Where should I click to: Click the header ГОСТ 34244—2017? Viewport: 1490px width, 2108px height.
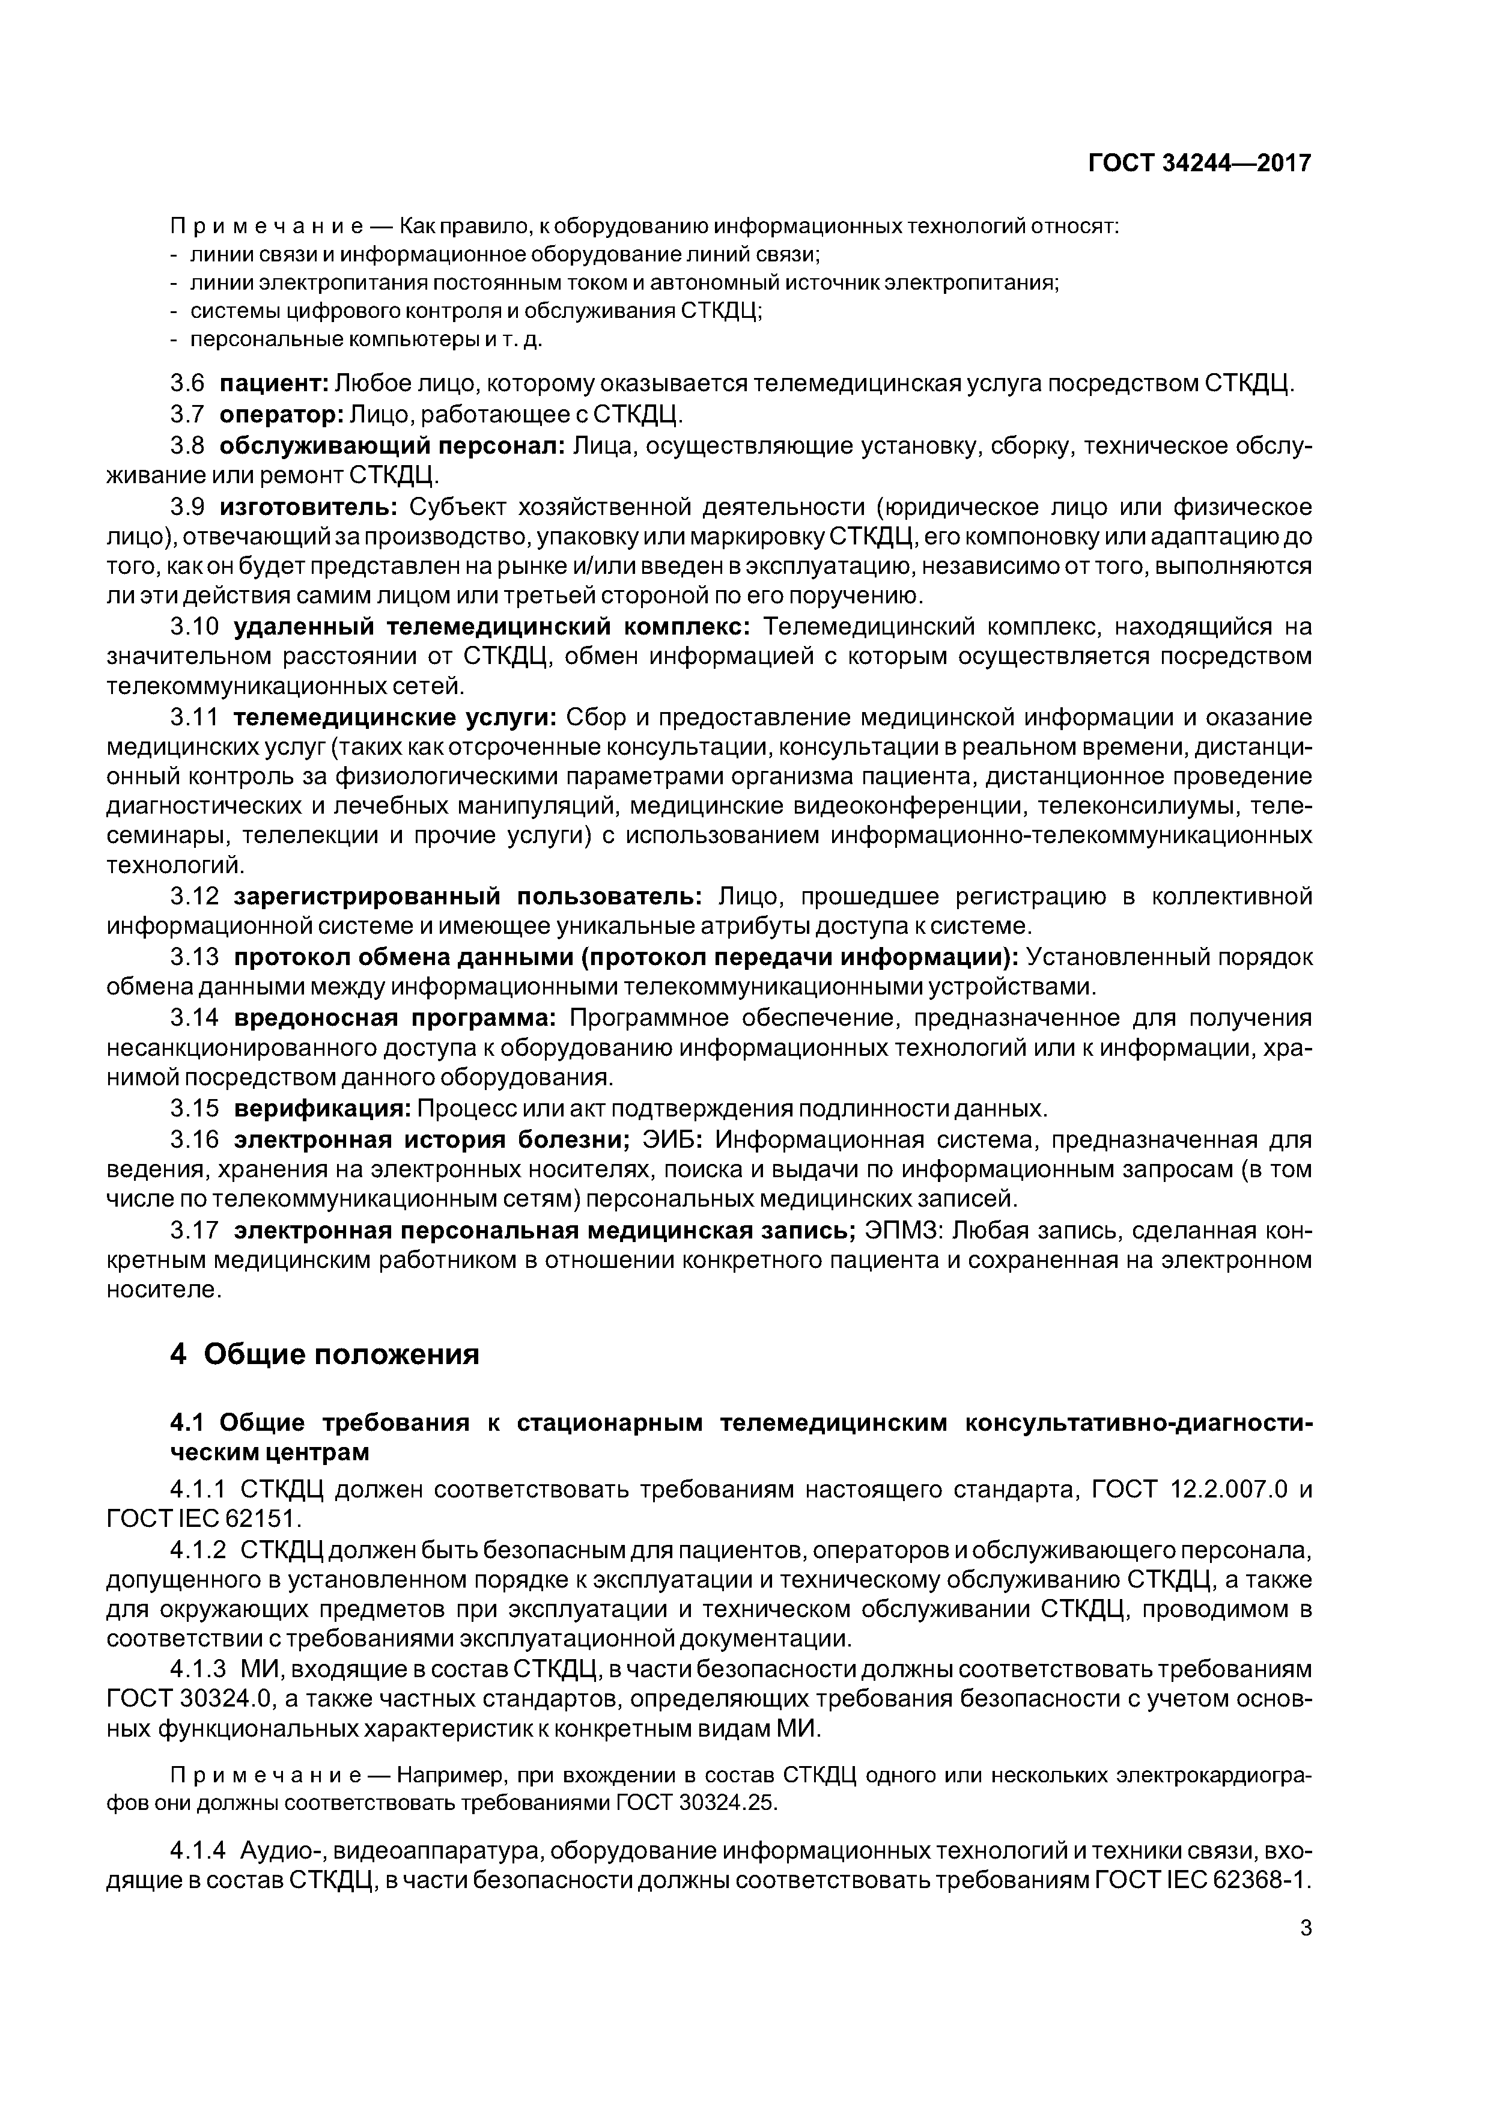1199,163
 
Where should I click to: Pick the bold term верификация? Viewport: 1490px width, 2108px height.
322,1108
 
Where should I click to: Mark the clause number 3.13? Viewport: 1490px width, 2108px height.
195,958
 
